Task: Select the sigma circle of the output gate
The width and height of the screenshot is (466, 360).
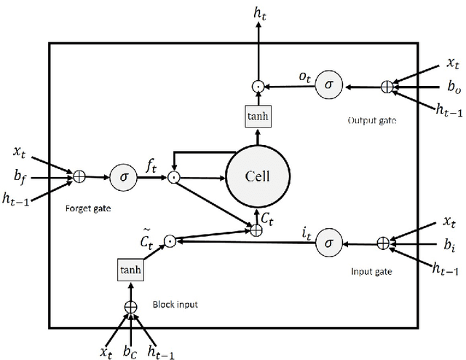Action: pyautogui.click(x=328, y=86)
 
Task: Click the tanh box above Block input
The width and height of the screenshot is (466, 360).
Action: pyautogui.click(x=130, y=270)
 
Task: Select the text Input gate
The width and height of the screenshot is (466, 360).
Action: pyautogui.click(x=373, y=271)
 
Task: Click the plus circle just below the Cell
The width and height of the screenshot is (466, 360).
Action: pyautogui.click(x=256, y=231)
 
